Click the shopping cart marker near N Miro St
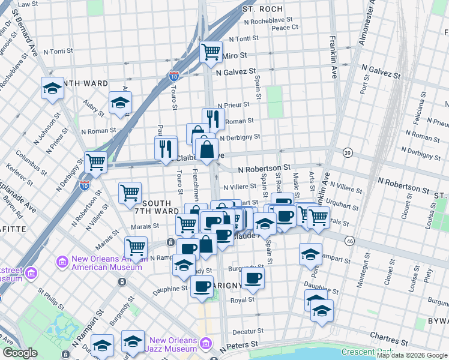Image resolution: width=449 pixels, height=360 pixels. coord(211,52)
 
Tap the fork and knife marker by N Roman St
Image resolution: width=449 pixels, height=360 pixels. coord(213,118)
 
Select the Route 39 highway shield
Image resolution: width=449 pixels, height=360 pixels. coord(348,154)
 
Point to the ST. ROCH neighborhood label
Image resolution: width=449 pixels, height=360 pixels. coord(262,10)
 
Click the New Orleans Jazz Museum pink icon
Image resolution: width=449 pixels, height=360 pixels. coord(206,344)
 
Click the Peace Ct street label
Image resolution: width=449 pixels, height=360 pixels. coord(285,28)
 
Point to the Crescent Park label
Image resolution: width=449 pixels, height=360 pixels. coord(366,352)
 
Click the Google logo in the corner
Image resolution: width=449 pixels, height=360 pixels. coord(20,353)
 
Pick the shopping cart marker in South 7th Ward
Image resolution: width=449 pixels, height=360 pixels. coord(130,193)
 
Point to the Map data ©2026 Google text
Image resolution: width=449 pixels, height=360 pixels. coord(412,355)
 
